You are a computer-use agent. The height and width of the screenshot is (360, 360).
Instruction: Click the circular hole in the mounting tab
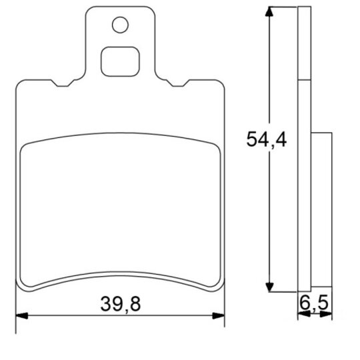pyautogui.click(x=120, y=25)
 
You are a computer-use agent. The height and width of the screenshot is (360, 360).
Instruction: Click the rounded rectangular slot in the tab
pyautogui.click(x=120, y=61)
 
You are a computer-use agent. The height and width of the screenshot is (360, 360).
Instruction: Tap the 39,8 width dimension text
pyautogui.click(x=121, y=304)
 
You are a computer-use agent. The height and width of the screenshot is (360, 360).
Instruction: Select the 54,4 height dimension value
pyautogui.click(x=266, y=139)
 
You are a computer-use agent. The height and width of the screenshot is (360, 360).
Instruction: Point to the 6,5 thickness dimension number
pyautogui.click(x=314, y=303)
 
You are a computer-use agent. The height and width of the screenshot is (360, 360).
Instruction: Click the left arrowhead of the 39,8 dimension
pyautogui.click(x=22, y=316)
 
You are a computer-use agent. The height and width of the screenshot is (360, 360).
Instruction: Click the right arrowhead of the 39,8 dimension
pyautogui.click(x=219, y=316)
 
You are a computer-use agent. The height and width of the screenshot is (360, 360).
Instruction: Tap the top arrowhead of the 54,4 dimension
pyautogui.click(x=269, y=11)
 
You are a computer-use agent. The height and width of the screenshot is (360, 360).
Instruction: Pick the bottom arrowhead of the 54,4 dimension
pyautogui.click(x=269, y=287)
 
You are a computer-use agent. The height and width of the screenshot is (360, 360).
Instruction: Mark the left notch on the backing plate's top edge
pyautogui.click(x=63, y=83)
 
